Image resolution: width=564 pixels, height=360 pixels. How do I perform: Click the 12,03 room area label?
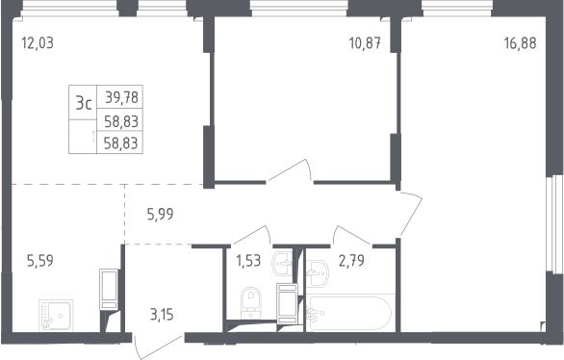click(38, 42)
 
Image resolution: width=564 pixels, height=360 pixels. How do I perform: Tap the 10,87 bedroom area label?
click(365, 43)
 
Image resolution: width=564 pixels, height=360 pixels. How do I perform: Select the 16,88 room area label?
click(520, 43)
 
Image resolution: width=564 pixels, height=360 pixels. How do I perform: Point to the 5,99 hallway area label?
click(160, 215)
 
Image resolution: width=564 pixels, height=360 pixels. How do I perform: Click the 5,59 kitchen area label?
click(40, 261)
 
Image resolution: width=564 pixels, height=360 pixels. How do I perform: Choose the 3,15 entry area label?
click(162, 315)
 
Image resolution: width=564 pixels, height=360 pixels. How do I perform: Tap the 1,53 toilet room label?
click(248, 260)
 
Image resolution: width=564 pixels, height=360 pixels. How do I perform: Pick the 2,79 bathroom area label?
click(351, 261)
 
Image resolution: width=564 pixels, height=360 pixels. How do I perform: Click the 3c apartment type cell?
click(84, 104)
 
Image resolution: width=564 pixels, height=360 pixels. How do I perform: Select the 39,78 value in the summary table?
click(121, 97)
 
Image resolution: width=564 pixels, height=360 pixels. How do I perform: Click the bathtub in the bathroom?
click(349, 313)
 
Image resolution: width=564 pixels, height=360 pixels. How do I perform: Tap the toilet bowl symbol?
click(251, 302)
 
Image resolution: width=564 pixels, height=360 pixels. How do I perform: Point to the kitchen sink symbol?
click(56, 316)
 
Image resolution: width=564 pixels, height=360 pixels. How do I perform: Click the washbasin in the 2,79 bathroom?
click(317, 273)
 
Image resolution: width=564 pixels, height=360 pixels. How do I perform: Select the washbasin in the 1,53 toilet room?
click(283, 263)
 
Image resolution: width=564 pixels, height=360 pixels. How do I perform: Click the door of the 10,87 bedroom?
click(291, 169)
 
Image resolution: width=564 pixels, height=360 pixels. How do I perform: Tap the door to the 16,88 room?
click(411, 215)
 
